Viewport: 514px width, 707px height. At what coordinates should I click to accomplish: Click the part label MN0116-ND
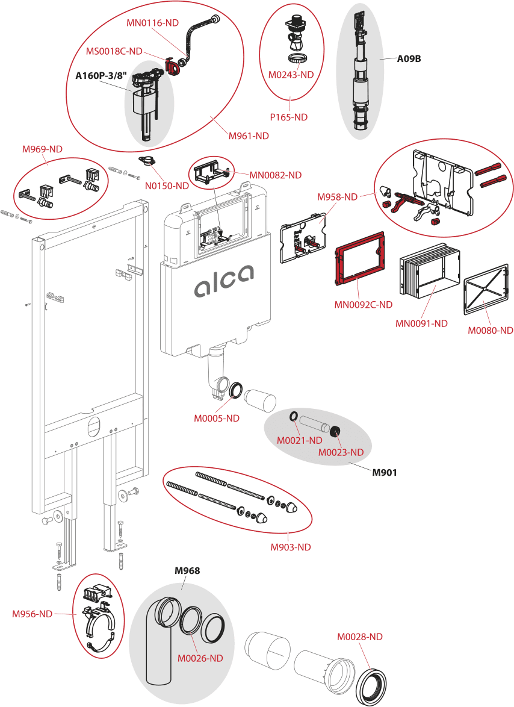153,23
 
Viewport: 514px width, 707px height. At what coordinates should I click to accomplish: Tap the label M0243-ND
292,75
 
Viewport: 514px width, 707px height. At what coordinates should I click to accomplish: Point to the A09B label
409,59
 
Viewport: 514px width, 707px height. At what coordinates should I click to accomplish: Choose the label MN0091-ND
421,323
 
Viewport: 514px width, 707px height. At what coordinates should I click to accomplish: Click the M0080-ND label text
491,330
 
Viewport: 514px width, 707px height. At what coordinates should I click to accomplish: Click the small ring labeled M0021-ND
292,417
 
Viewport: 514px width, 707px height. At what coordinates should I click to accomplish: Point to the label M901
384,472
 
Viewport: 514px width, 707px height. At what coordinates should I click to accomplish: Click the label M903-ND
291,547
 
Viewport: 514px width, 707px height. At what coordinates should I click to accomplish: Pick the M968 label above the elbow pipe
187,570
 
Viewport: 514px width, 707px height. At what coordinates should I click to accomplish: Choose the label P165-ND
288,117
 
